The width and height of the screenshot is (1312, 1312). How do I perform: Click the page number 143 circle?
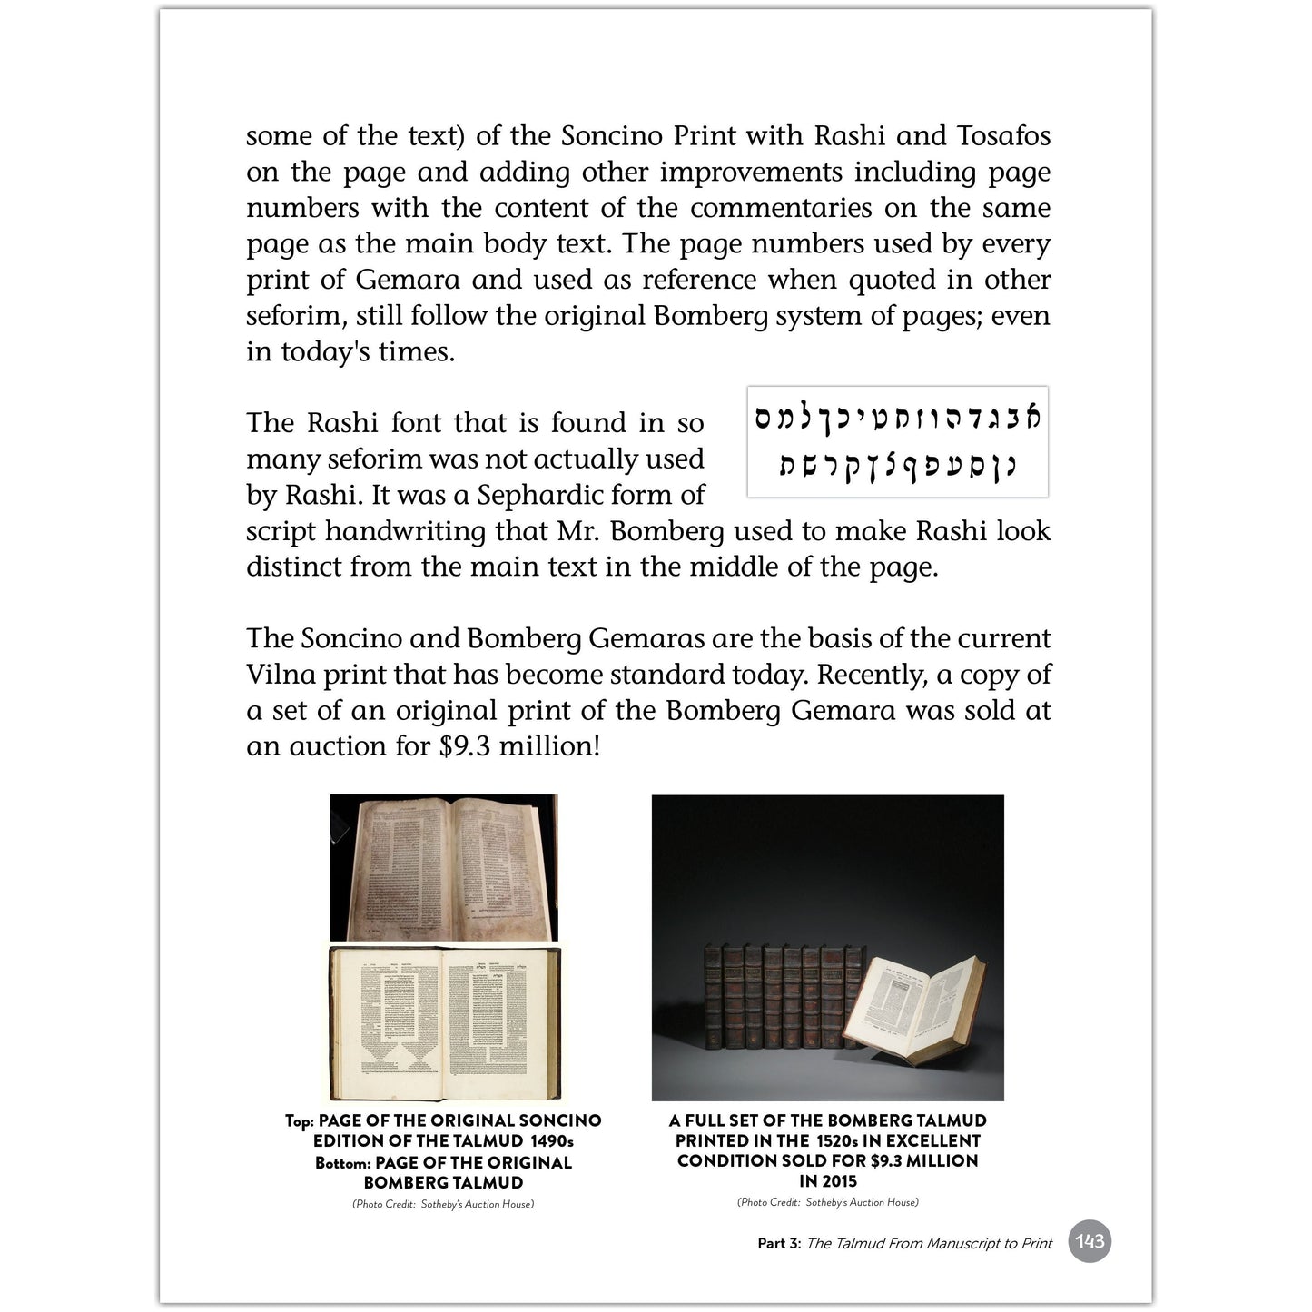click(x=1089, y=1241)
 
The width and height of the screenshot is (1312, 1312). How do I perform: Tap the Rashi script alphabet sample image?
click(x=897, y=442)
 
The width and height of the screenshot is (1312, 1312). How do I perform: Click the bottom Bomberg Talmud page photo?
click(x=444, y=1023)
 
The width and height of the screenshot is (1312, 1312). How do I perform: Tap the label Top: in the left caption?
click(x=300, y=1121)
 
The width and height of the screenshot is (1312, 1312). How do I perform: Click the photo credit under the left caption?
click(x=443, y=1204)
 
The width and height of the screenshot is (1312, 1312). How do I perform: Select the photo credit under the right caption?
click(x=828, y=1202)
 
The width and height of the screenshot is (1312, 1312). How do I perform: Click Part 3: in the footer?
click(x=779, y=1243)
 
